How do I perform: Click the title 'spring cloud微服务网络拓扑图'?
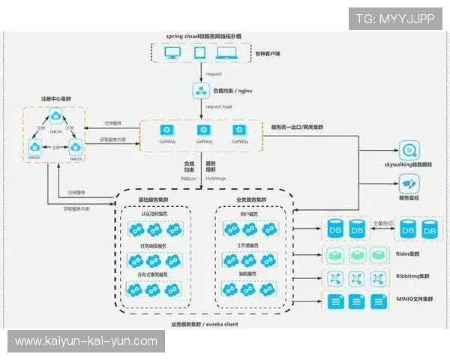pyautogui.click(x=203, y=35)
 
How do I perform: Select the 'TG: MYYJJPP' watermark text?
pyautogui.click(x=395, y=19)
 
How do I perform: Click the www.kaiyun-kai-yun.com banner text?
pyautogui.click(x=86, y=341)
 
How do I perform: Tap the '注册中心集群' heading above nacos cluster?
pyautogui.click(x=56, y=99)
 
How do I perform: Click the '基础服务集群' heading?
pyautogui.click(x=155, y=201)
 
